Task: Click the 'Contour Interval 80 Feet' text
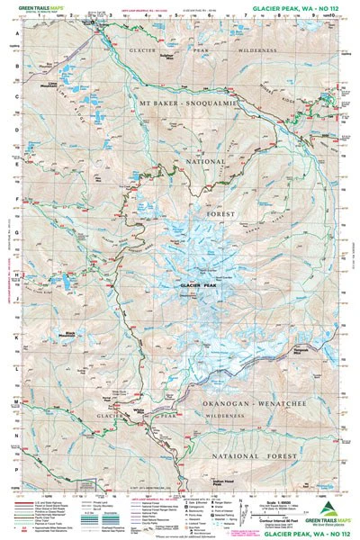click(x=274, y=510)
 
